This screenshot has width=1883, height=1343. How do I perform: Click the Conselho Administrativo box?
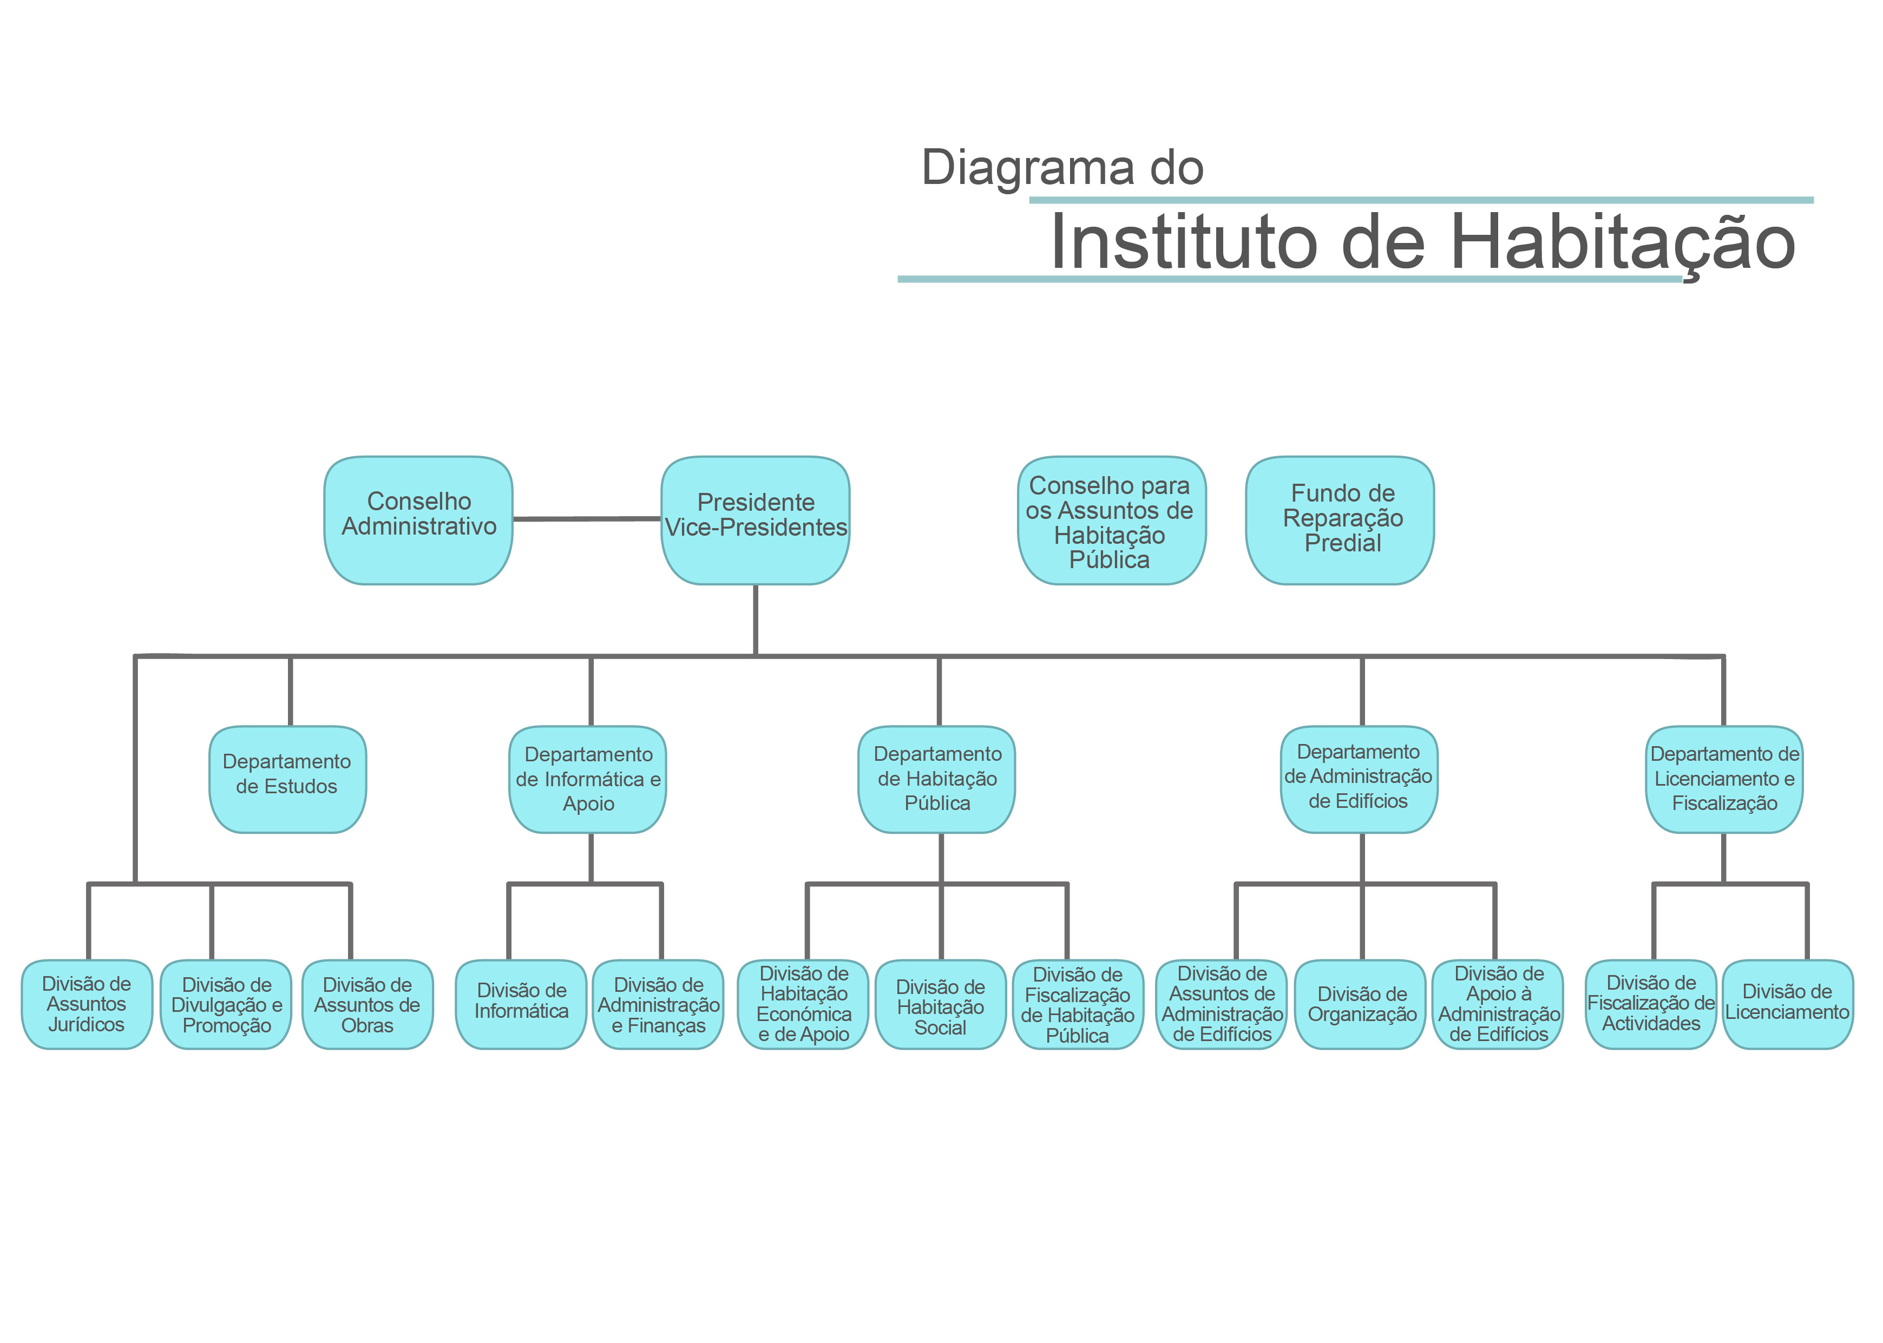point(418,520)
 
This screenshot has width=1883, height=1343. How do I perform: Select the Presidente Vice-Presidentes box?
point(755,520)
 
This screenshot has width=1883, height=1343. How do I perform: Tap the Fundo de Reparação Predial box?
point(1340,520)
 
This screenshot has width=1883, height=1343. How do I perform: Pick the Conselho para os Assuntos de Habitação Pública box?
point(1111,520)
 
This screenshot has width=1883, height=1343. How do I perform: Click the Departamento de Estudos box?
point(288,779)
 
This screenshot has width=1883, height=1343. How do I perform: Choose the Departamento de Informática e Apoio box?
point(588,779)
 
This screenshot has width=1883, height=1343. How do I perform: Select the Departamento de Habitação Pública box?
point(937,779)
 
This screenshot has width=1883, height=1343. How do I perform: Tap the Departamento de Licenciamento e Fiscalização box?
point(1724,779)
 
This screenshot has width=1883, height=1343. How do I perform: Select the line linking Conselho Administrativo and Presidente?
point(587,519)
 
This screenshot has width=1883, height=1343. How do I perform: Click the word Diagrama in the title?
point(1028,168)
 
